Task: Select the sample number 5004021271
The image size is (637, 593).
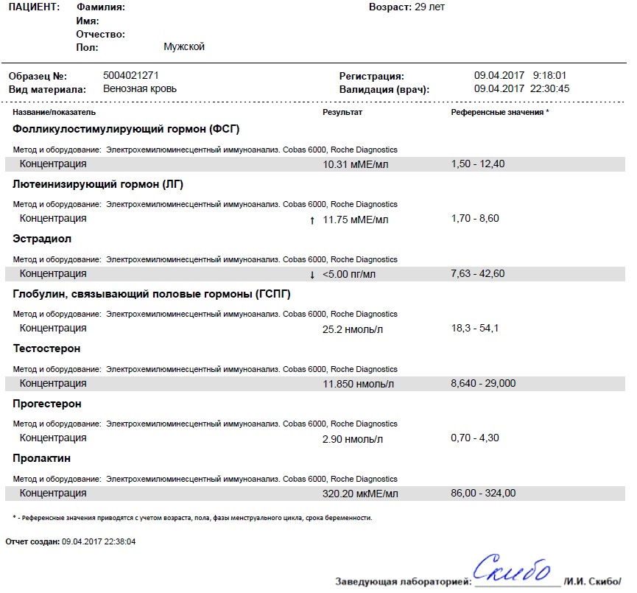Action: pyautogui.click(x=131, y=75)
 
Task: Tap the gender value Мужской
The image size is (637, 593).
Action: pyautogui.click(x=183, y=47)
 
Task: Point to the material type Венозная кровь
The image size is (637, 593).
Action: pyautogui.click(x=140, y=89)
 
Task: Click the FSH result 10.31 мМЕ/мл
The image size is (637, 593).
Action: pyautogui.click(x=355, y=164)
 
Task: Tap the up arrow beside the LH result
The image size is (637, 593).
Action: pyautogui.click(x=312, y=220)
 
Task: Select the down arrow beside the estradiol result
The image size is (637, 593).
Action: pyautogui.click(x=312, y=274)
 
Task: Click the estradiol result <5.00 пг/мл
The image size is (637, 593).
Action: pyautogui.click(x=349, y=274)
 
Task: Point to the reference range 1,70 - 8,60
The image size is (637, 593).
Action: pyautogui.click(x=475, y=219)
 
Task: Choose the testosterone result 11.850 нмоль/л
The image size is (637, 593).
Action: pyautogui.click(x=358, y=384)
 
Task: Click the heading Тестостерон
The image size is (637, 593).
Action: pyautogui.click(x=47, y=348)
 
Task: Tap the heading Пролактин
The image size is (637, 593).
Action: pyautogui.click(x=42, y=458)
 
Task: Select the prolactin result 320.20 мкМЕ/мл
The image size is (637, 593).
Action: pyautogui.click(x=360, y=494)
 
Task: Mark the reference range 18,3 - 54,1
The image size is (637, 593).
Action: pyautogui.click(x=475, y=329)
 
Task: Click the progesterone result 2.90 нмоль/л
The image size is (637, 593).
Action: pyautogui.click(x=353, y=439)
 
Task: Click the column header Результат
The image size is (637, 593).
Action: pyautogui.click(x=342, y=112)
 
